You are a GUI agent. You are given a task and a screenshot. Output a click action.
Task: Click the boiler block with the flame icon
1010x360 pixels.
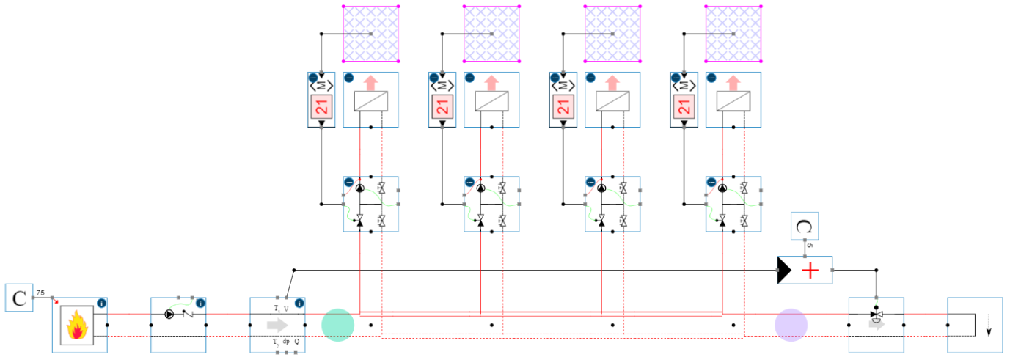tap(79, 325)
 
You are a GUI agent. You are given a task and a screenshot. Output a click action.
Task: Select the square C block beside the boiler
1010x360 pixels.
tap(19, 298)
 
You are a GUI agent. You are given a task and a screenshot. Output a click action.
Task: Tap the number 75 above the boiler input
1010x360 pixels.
tap(41, 293)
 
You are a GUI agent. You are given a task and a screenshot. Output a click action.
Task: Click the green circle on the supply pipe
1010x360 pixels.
tap(338, 325)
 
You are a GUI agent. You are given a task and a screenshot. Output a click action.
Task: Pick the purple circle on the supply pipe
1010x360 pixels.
tap(791, 325)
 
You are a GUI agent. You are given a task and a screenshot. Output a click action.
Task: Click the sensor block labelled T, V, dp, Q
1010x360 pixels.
tap(277, 325)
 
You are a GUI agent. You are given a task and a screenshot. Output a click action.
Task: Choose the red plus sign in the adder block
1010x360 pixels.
tap(810, 272)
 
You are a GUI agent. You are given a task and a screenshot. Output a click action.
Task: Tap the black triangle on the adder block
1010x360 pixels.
tap(784, 272)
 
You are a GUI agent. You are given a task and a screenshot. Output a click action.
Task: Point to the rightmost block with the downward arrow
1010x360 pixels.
tap(975, 325)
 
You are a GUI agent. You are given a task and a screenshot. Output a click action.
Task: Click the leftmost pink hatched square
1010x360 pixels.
tap(371, 34)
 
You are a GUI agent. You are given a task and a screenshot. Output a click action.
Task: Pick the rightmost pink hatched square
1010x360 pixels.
tap(733, 34)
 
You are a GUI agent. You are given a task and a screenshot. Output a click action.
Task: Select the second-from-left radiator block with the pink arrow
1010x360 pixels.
tap(491, 100)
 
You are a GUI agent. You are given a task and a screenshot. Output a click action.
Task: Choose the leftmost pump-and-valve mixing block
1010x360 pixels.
tap(371, 204)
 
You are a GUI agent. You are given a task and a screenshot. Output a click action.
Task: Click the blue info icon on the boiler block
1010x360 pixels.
tap(102, 303)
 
